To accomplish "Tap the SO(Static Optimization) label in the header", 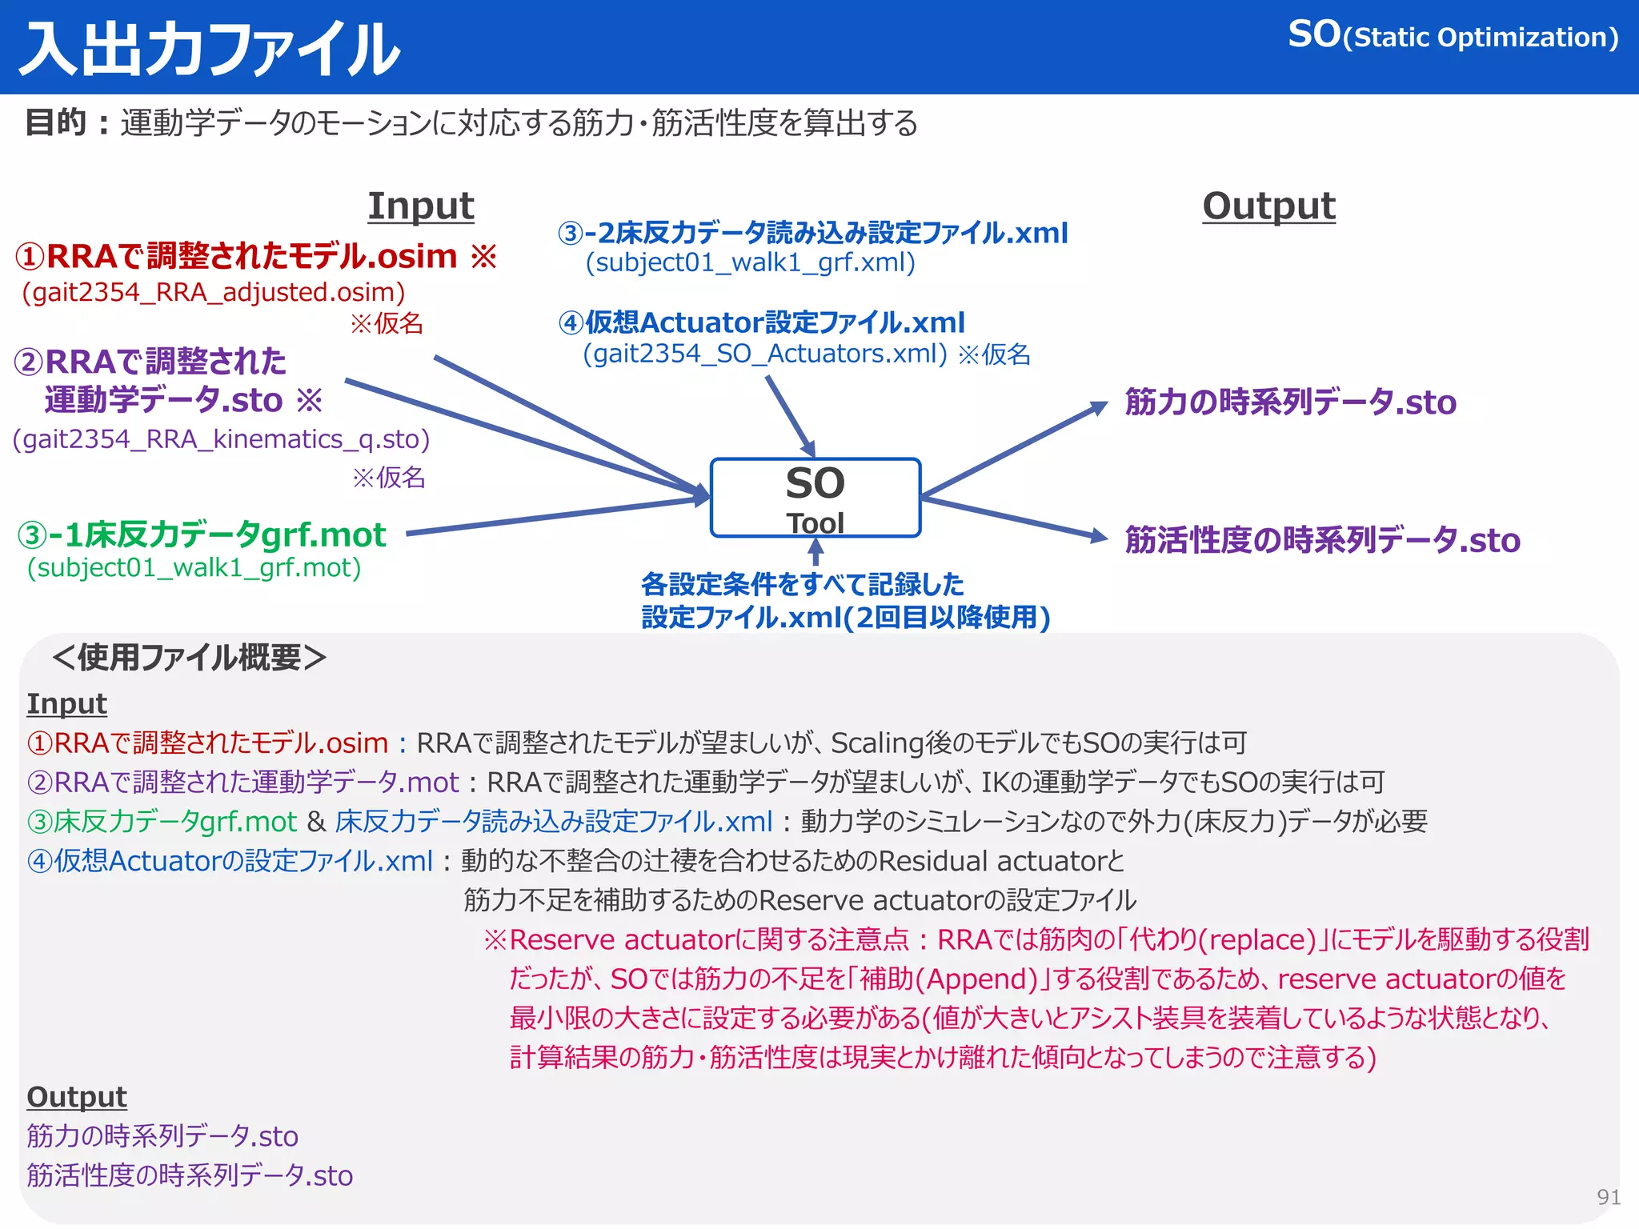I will tap(1453, 36).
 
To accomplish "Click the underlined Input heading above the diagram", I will tap(421, 206).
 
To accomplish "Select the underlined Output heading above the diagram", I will tap(1268, 206).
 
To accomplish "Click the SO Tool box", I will tap(815, 498).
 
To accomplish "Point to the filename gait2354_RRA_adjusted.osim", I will tap(214, 292).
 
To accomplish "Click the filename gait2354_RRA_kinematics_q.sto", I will tap(222, 439).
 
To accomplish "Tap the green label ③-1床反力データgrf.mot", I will tap(202, 534).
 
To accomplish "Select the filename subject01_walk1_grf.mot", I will tap(194, 568).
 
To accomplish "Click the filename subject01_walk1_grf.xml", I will tap(750, 262).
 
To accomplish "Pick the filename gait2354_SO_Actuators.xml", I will tap(764, 354).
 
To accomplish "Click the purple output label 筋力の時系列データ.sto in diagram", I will tap(1290, 402).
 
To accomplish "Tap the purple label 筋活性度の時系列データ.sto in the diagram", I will tap(1322, 541).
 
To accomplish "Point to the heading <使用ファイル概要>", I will tap(189, 658).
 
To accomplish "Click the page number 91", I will tap(1608, 1197).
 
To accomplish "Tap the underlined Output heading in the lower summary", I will tap(77, 1097).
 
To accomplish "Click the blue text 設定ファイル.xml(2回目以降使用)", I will tap(845, 618).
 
